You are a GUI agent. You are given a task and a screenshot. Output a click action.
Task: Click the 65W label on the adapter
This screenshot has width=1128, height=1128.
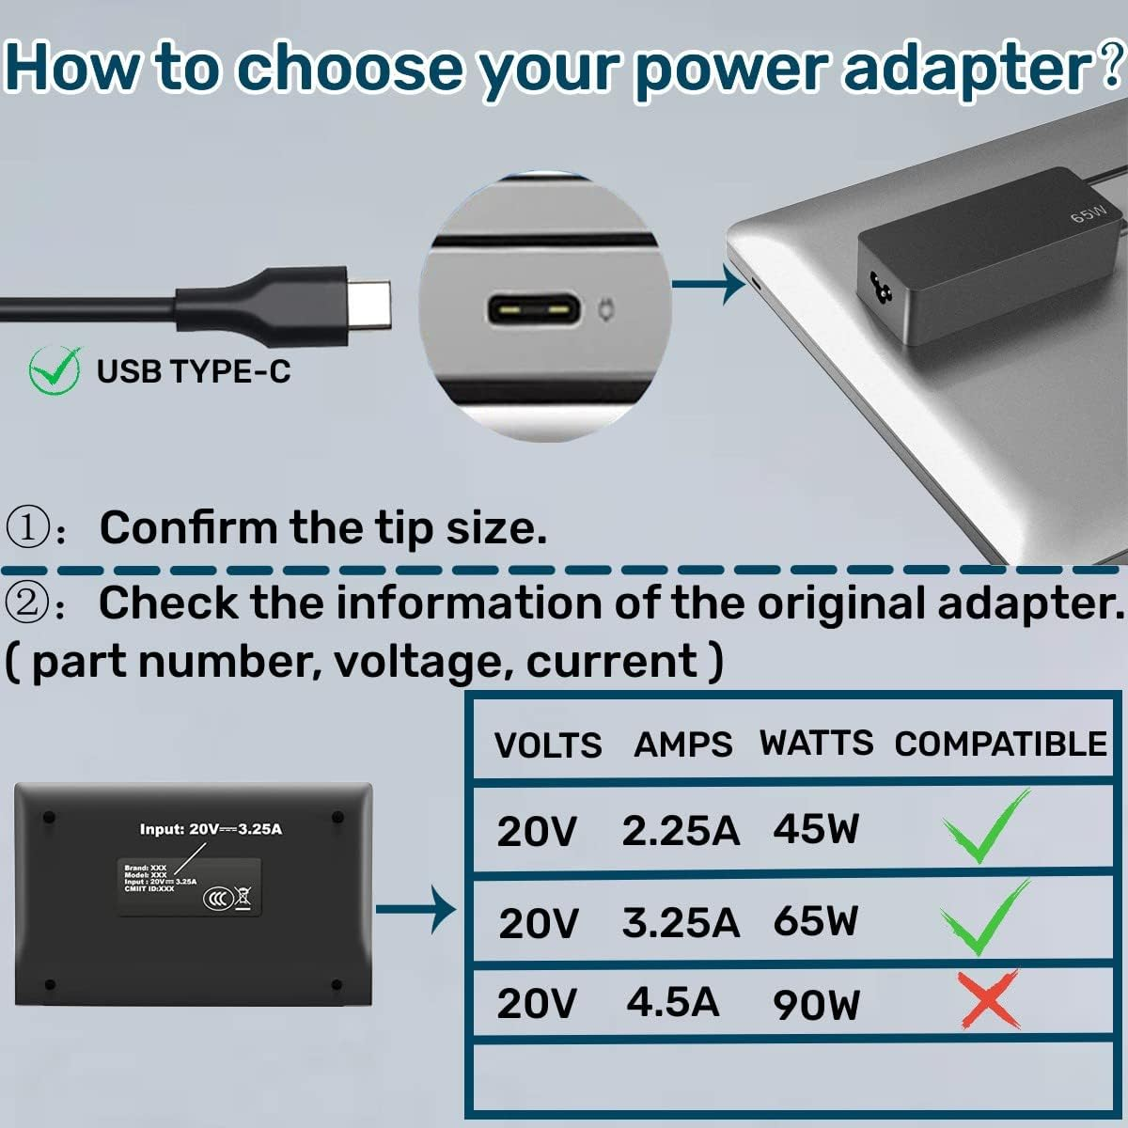pos(1087,214)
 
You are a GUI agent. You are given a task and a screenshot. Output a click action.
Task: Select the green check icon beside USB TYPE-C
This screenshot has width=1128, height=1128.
pos(55,369)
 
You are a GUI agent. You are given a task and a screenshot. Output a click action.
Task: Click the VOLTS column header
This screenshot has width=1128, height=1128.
pos(548,745)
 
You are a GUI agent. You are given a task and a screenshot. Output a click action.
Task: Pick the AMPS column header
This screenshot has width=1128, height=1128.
pos(682,745)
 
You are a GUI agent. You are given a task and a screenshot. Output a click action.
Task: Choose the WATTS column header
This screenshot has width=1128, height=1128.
pos(816,744)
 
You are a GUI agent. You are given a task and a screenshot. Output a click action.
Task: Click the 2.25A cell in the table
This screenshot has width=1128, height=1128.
pos(681,831)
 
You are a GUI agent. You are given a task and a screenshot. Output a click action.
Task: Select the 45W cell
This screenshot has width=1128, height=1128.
pos(816,829)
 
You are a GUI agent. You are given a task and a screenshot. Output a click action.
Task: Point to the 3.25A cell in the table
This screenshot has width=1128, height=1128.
pos(681,923)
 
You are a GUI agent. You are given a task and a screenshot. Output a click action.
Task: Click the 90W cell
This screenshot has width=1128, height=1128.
pos(816,1005)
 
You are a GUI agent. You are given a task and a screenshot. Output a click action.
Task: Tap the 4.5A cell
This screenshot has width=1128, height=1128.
pos(673,1002)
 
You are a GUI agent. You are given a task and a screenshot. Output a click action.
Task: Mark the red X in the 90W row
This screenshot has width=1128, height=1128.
pos(987,1000)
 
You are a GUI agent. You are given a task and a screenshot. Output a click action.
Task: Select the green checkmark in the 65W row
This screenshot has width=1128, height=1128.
pos(987,917)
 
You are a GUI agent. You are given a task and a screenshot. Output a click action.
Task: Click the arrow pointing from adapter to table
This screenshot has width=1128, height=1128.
pos(415,909)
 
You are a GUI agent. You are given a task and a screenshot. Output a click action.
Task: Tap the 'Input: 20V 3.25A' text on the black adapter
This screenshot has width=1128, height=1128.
pos(211,829)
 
